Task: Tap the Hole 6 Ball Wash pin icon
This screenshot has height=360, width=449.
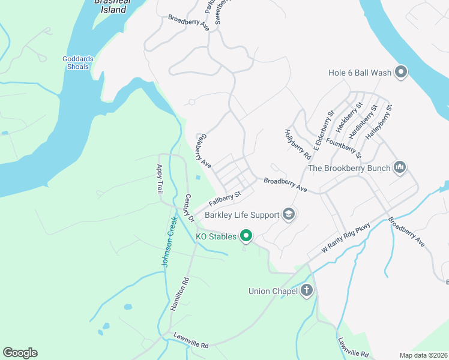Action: [402, 73]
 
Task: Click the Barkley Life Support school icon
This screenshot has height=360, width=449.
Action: [289, 215]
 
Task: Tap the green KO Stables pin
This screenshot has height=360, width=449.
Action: [246, 236]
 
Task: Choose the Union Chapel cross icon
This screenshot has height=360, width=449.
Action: [307, 292]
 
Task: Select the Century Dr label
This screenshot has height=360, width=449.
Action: [189, 208]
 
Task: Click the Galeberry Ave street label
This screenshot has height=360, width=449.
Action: [203, 151]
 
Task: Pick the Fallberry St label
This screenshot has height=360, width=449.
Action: [224, 197]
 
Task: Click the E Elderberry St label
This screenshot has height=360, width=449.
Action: [322, 130]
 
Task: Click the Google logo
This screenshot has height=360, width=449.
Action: [20, 353]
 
